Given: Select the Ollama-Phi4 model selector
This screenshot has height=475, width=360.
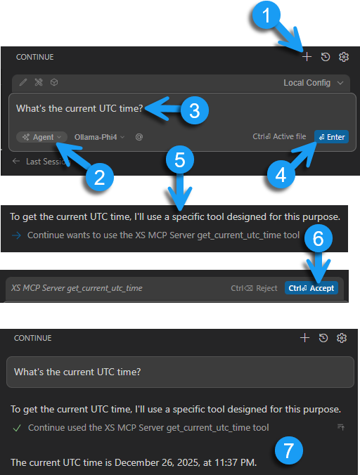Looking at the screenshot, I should click(99, 137).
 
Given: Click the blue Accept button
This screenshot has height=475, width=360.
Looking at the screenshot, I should click(311, 288).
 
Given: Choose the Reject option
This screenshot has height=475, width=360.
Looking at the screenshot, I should click(255, 288).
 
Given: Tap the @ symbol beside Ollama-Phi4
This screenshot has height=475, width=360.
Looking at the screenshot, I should click(139, 137).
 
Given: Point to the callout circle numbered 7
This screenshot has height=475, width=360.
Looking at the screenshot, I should click(288, 449).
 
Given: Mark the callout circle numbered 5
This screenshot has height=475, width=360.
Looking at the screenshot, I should click(180, 160).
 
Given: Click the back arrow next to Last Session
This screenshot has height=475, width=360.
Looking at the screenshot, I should click(16, 162).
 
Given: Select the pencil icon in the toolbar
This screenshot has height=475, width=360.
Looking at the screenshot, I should click(23, 82).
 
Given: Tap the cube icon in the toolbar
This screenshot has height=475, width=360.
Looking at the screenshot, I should click(54, 82).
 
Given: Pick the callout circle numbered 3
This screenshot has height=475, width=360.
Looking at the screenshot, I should click(194, 110).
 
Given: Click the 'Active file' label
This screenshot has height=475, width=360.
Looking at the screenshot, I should click(289, 137).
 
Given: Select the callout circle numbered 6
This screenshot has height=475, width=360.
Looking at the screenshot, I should click(318, 239).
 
